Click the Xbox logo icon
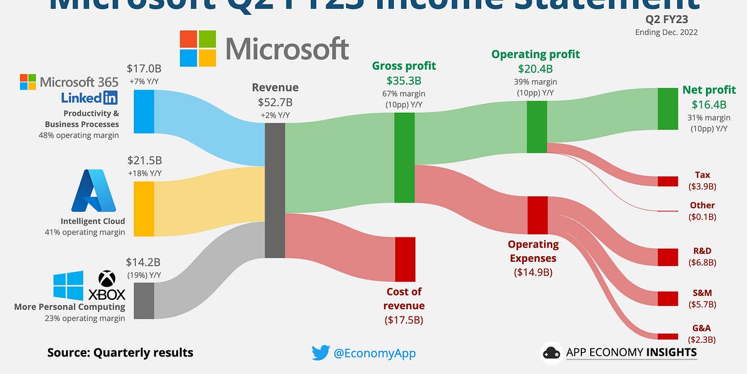(x=107, y=279)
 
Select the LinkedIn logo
(x=90, y=97)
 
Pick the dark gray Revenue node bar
(x=275, y=190)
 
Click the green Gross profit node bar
(x=405, y=157)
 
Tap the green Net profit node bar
(x=667, y=108)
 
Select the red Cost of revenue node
(x=405, y=259)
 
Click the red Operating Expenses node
(x=537, y=215)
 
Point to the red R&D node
(x=667, y=257)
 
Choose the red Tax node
(x=667, y=181)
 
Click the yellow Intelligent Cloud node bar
(x=144, y=209)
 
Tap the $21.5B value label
(x=144, y=161)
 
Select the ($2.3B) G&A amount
(x=702, y=340)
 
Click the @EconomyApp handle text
(x=374, y=353)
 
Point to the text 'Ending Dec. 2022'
(x=666, y=32)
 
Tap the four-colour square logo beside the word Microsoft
(x=198, y=49)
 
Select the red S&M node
(x=667, y=299)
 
